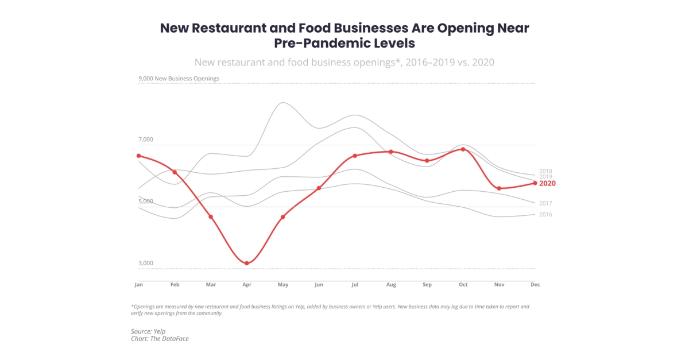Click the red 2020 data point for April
click(247, 264)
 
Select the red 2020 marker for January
click(138, 156)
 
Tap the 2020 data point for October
click(463, 149)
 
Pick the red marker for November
click(499, 188)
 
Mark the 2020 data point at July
click(355, 156)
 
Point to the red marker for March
click(211, 217)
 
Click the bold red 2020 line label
click(547, 183)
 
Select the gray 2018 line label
click(545, 171)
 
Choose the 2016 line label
click(545, 215)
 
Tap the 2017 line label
click(545, 203)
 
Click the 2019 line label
click(545, 177)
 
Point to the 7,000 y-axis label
click(146, 140)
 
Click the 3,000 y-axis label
click(146, 263)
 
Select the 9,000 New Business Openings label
click(179, 79)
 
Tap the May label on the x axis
click(283, 284)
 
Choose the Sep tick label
click(427, 284)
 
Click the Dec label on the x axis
click(535, 284)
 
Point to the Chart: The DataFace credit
click(160, 339)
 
